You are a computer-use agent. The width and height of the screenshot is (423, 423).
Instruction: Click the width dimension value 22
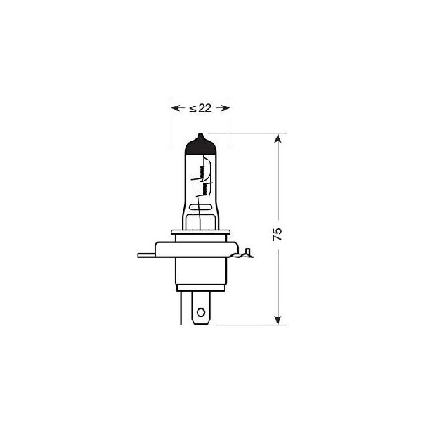[205, 108]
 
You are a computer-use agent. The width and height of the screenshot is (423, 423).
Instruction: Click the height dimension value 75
[277, 233]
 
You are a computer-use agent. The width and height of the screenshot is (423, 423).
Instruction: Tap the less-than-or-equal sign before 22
[193, 109]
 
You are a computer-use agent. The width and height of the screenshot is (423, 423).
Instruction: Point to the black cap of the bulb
[200, 144]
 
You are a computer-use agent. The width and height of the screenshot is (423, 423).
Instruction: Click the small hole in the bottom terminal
[201, 312]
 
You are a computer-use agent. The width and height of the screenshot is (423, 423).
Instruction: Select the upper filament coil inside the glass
[202, 171]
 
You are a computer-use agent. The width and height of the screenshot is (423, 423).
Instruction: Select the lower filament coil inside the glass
[205, 189]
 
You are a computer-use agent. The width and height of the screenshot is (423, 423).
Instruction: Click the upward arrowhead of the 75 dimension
[278, 138]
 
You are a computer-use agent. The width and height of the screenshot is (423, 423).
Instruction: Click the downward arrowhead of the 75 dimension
[278, 320]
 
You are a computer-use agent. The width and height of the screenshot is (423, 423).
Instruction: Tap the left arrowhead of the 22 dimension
[176, 108]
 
